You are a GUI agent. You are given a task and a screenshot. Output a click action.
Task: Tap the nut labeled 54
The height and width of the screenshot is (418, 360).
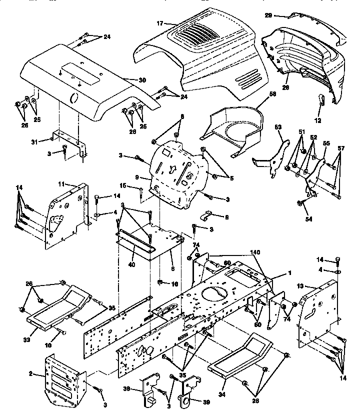(x=299, y=203)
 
